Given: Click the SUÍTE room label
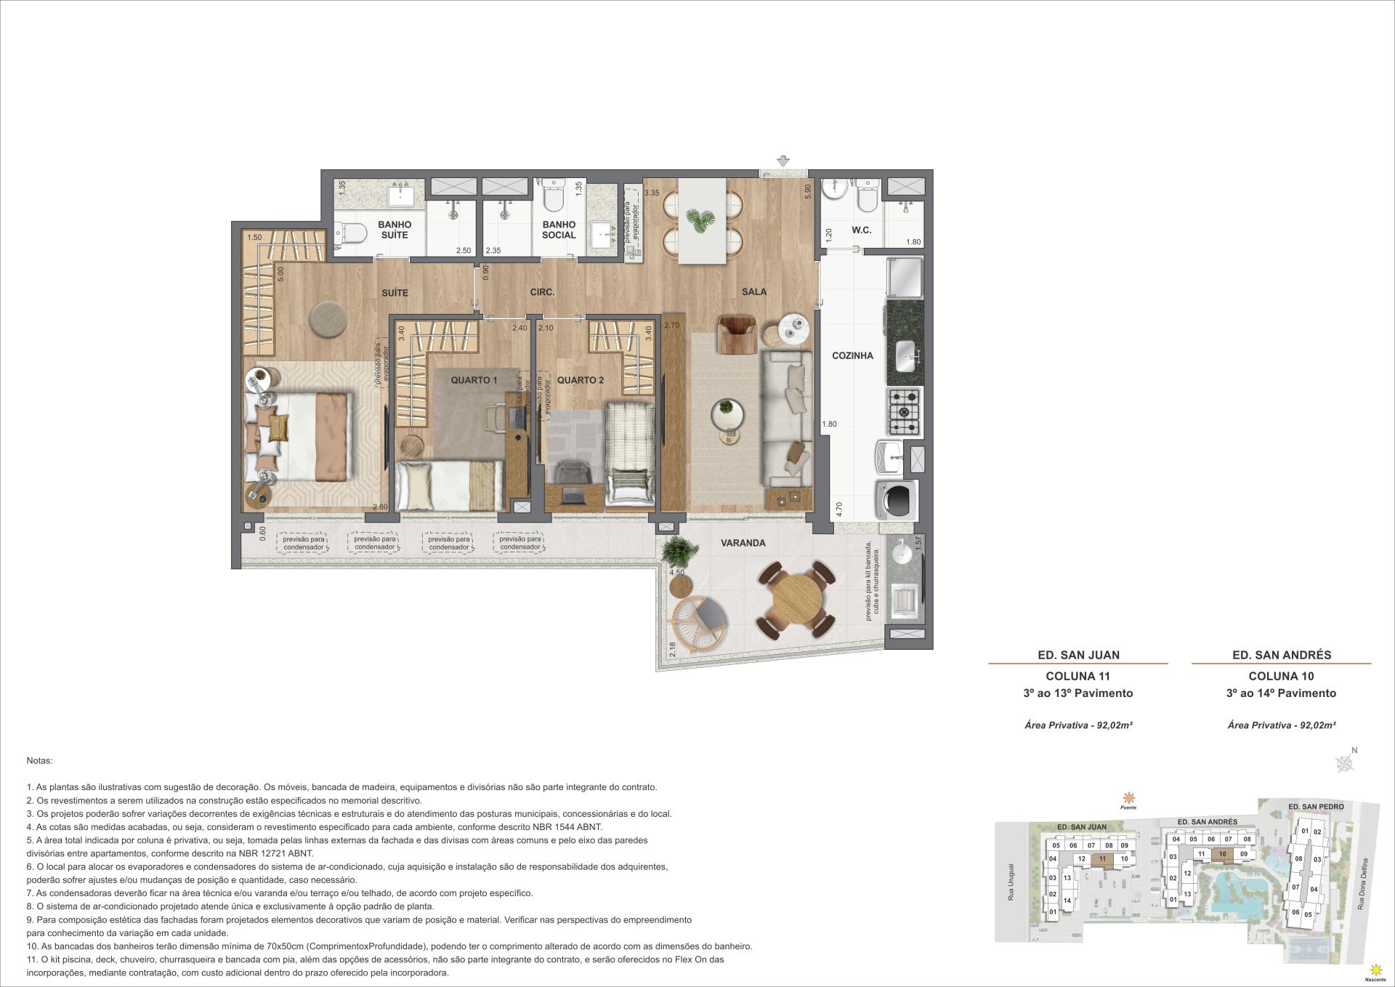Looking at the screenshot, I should click(395, 293).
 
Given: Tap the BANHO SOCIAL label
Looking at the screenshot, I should click(559, 230).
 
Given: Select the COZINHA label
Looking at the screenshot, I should click(852, 355).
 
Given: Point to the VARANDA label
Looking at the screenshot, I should click(743, 543).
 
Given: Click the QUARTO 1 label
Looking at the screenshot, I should click(474, 380).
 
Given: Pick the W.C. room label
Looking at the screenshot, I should click(861, 230).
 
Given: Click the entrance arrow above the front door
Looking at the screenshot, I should click(783, 161).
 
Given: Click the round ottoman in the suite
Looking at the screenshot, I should click(328, 320).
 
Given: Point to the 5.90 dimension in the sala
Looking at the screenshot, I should click(806, 191).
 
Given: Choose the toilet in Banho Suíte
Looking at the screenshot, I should click(351, 234).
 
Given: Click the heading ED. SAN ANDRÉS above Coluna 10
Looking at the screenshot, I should click(1282, 655).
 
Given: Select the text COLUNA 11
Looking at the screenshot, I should click(1077, 676).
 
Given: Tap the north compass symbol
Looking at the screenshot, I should click(1346, 762).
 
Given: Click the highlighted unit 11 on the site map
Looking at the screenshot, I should click(1102, 858).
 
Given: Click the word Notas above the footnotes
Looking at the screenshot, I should click(39, 761).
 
